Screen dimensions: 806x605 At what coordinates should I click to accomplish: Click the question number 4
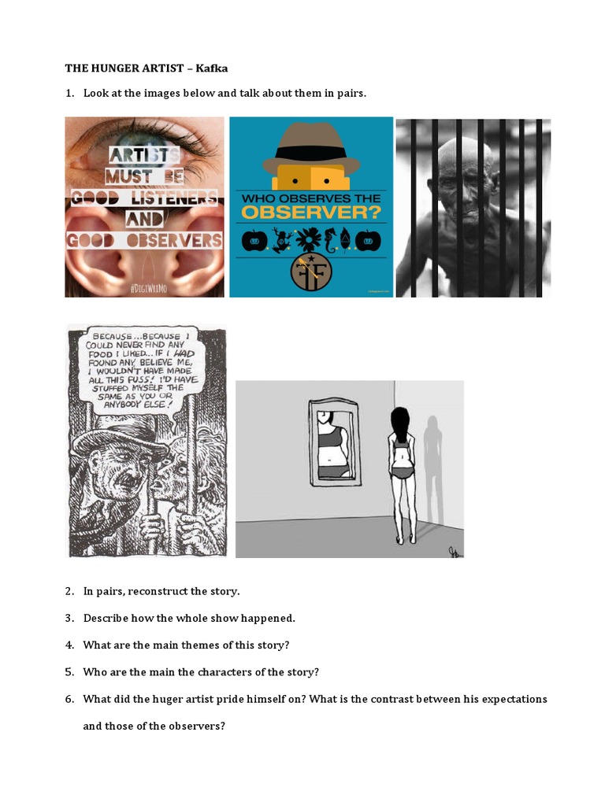pyautogui.click(x=69, y=645)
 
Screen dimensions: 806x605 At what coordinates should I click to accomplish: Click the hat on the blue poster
pyautogui.click(x=310, y=146)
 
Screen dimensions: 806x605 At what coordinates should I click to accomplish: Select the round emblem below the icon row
pyautogui.click(x=310, y=270)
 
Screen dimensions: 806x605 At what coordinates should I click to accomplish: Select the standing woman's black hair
pyautogui.click(x=401, y=426)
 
